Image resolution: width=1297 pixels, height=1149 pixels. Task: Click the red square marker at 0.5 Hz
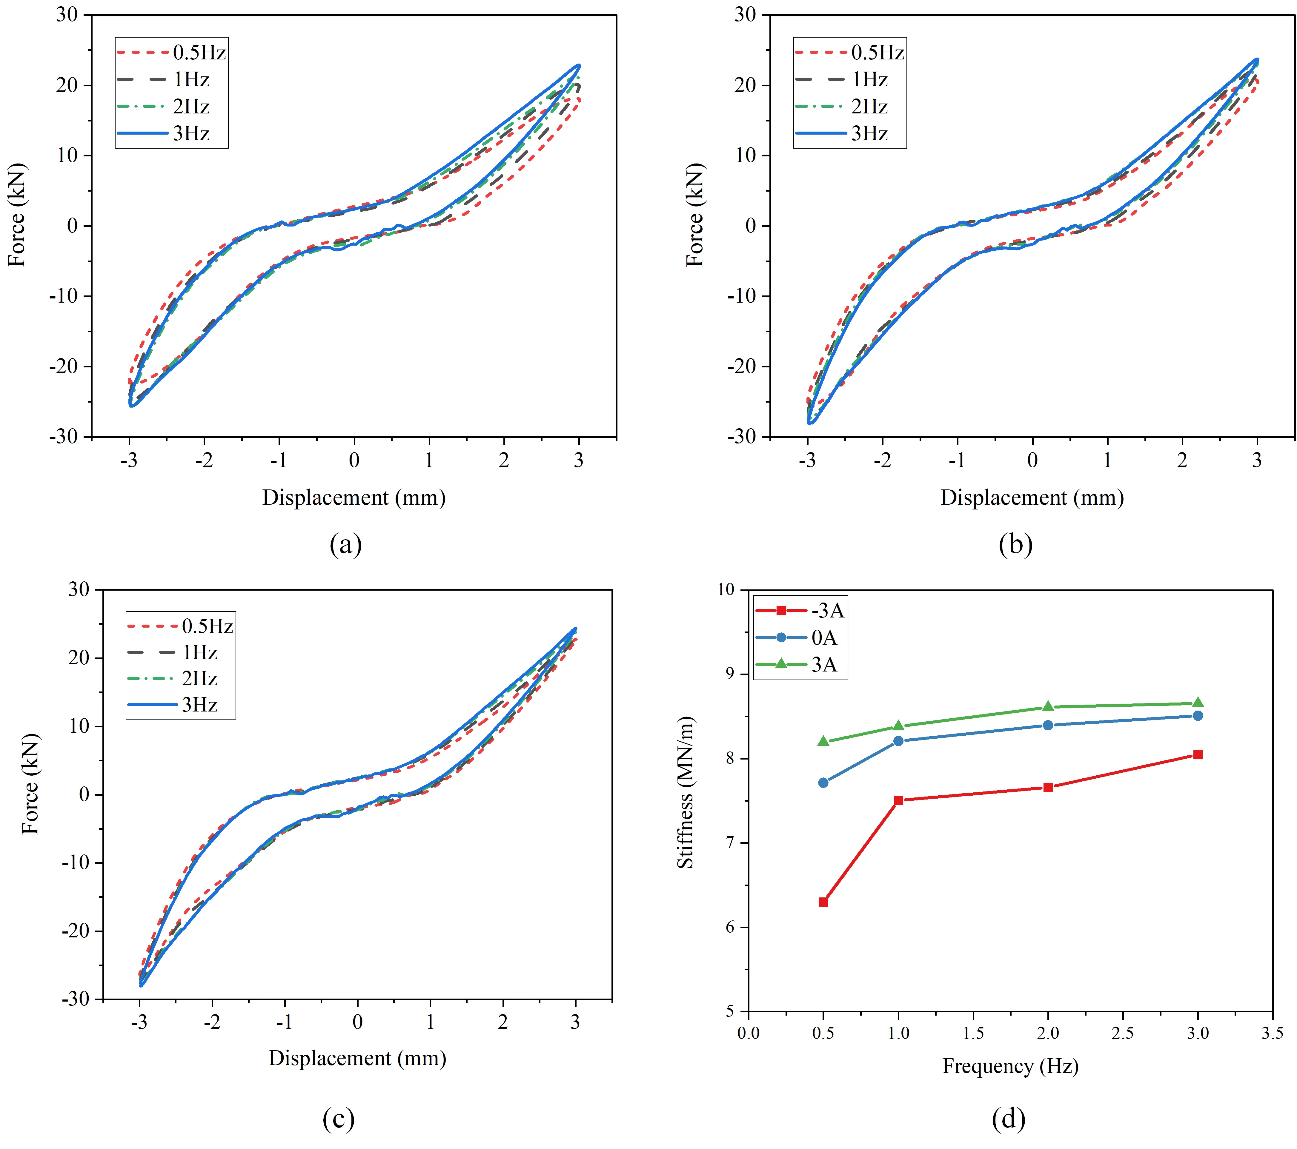coord(823,902)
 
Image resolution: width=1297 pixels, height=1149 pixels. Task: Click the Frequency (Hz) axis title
coord(1010,1066)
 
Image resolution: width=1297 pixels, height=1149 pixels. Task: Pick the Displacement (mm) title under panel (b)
coord(1032,498)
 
